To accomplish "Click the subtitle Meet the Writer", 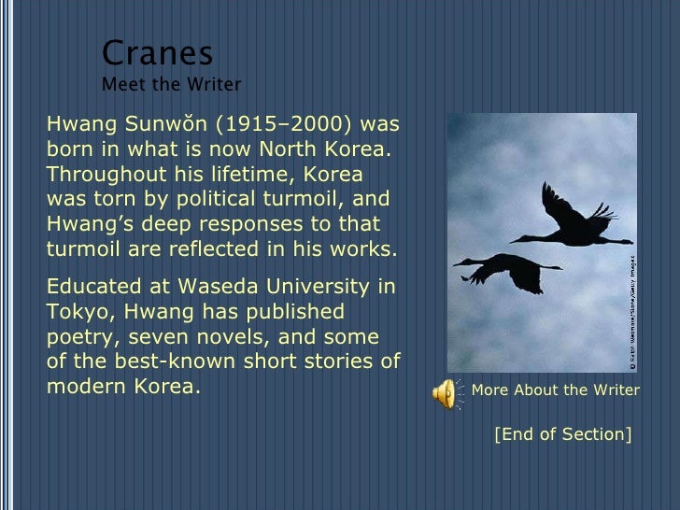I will click(x=171, y=85).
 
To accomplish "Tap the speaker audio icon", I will click(x=445, y=392).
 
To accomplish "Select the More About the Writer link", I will click(x=556, y=390).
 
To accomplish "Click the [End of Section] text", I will click(x=563, y=434).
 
